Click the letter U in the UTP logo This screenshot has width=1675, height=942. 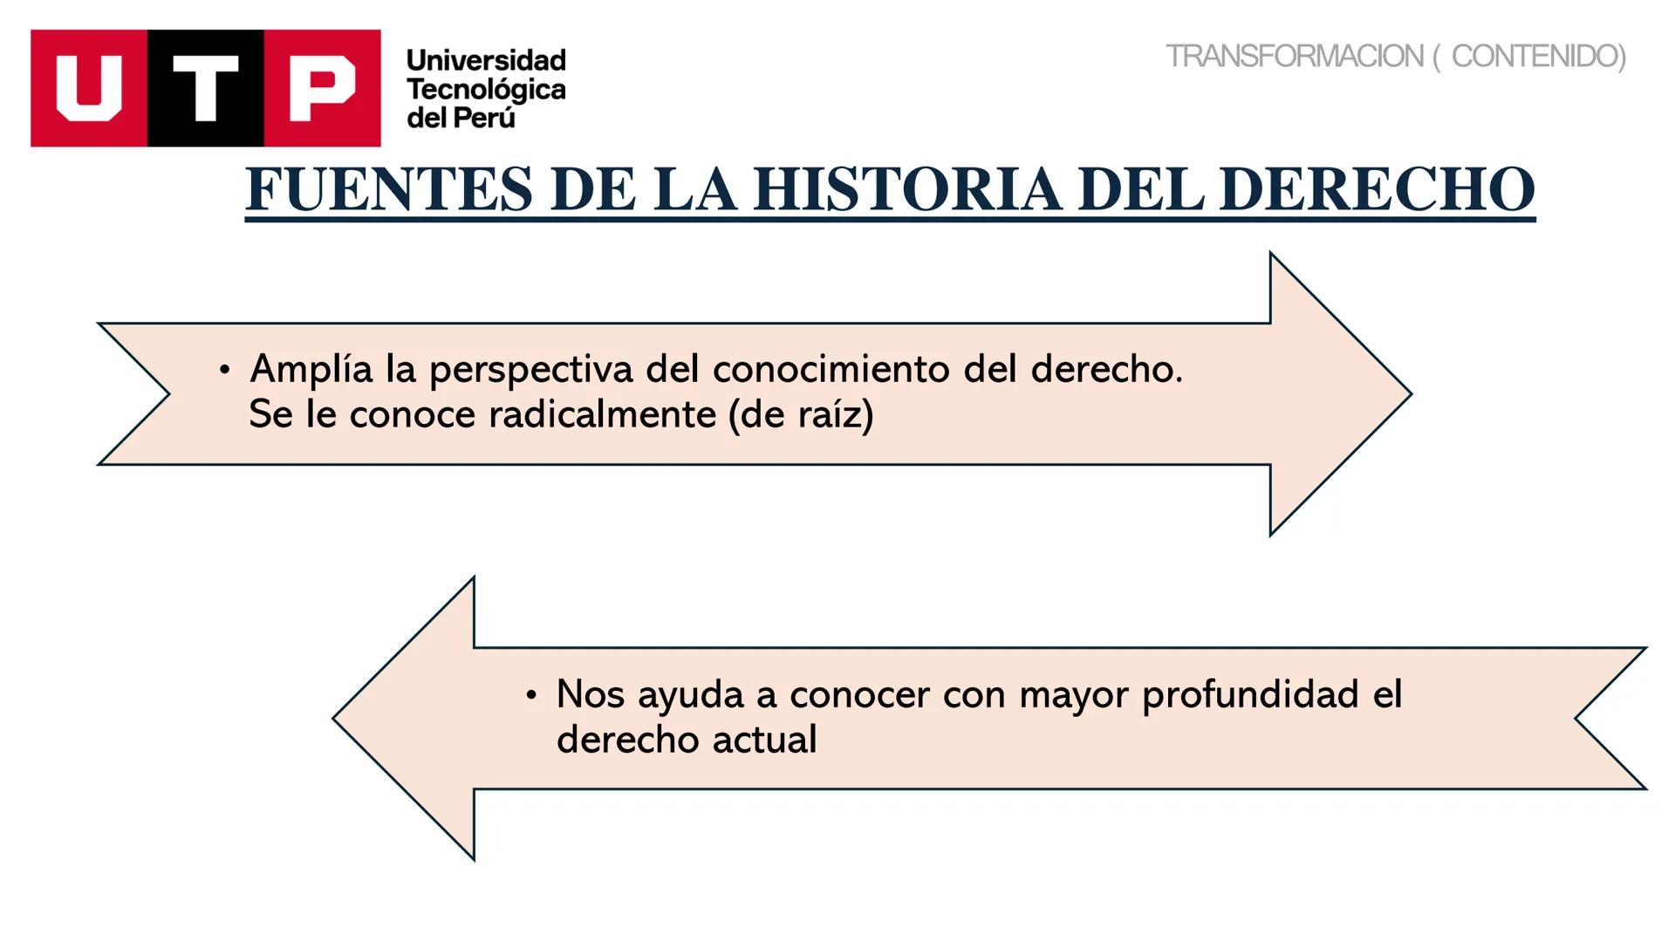89,88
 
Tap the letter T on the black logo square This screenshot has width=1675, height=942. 206,88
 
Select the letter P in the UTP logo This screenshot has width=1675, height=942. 322,88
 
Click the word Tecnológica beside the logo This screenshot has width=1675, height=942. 486,89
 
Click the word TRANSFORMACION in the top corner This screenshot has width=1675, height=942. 1294,57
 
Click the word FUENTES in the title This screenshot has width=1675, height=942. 389,189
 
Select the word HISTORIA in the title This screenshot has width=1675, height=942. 907,189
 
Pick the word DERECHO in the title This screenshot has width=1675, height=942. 1377,189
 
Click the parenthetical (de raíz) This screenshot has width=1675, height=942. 801,414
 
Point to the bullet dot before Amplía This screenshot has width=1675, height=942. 225,371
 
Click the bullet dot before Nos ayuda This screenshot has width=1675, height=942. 531,696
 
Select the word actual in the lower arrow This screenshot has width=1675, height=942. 765,741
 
